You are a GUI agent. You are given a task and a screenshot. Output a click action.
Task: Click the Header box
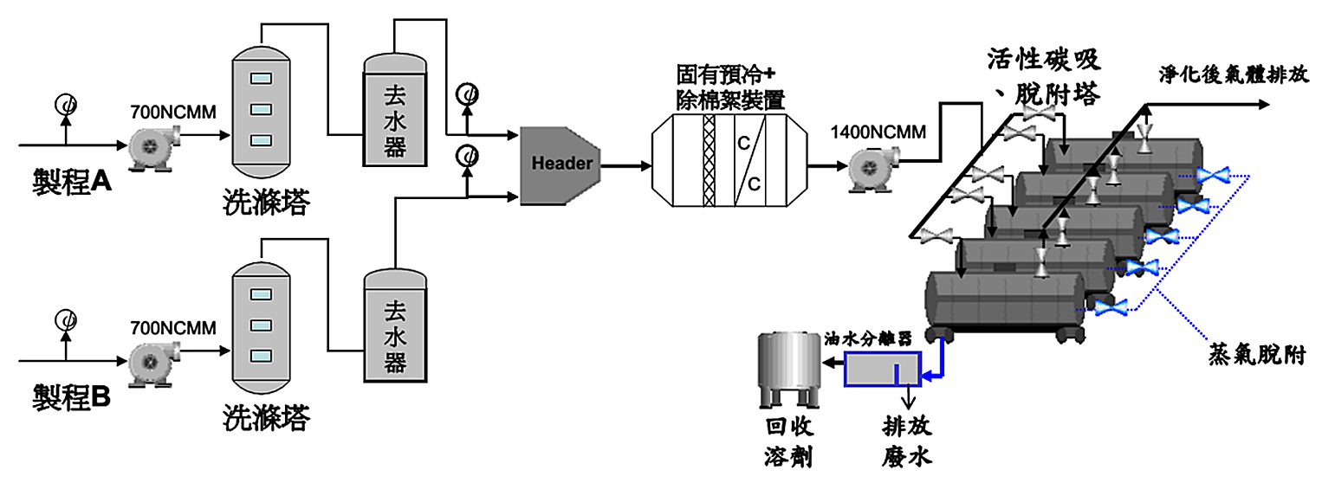tap(560, 164)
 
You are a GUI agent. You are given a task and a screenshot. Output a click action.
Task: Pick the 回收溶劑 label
tap(787, 441)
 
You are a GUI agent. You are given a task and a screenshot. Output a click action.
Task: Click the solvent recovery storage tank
tap(787, 368)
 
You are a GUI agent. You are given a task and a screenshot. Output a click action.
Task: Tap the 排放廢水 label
tap(907, 441)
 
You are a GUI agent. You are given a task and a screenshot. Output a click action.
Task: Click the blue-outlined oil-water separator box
tap(883, 369)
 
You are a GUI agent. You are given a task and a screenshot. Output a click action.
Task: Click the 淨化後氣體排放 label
tap(1234, 74)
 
